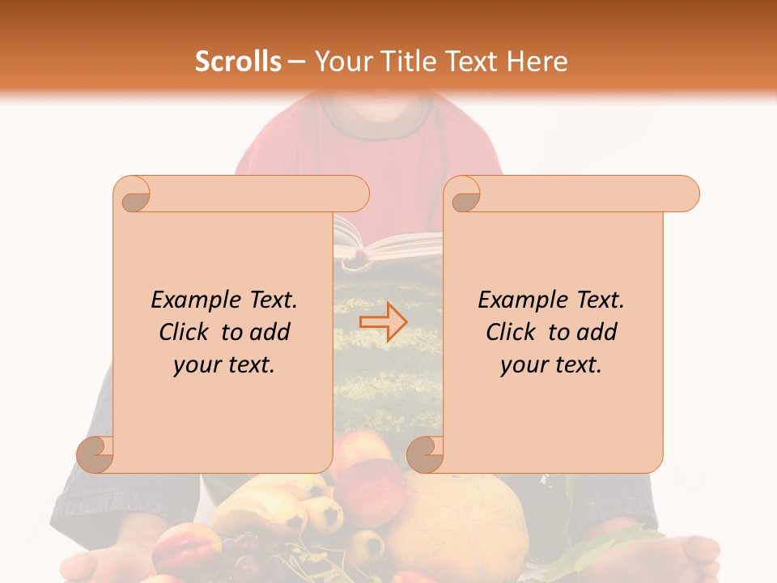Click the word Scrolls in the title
tap(238, 62)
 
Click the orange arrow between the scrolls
tap(384, 322)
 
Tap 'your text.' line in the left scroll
tap(224, 364)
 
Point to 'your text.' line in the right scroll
tap(551, 364)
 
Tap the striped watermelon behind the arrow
tap(387, 372)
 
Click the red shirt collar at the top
tap(380, 130)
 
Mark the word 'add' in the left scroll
tap(270, 332)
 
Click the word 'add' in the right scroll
tap(597, 332)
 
